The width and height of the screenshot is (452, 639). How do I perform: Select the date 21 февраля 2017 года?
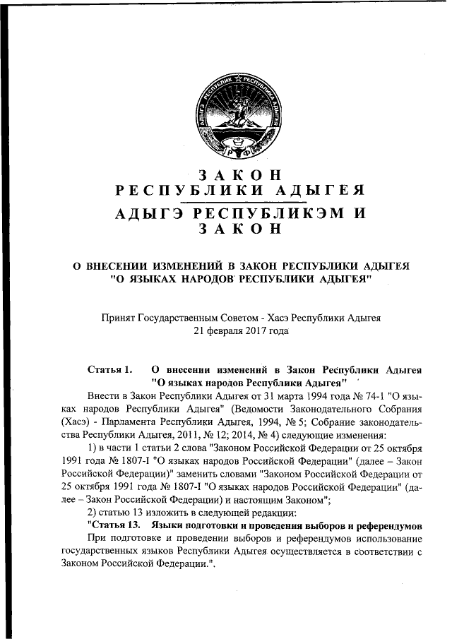(x=240, y=330)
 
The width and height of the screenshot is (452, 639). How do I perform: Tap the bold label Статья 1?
(x=109, y=369)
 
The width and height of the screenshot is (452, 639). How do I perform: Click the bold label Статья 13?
(x=112, y=526)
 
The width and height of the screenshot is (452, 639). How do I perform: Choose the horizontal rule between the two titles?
(x=240, y=201)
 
